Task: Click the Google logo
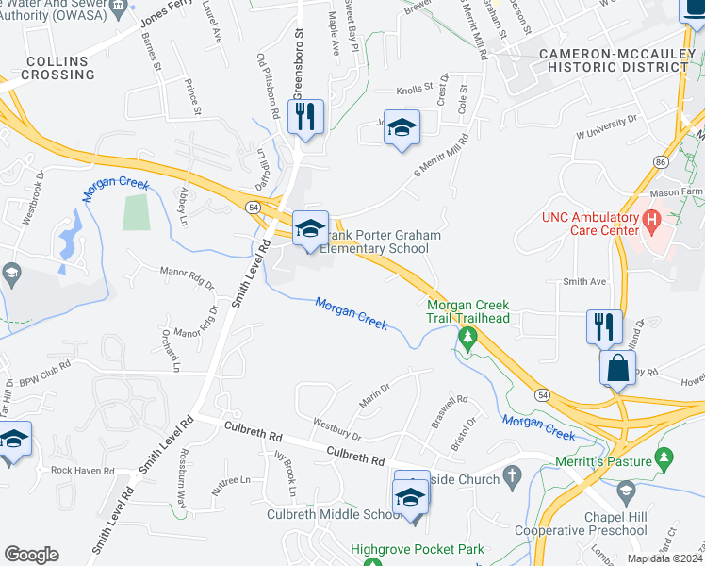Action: (x=31, y=555)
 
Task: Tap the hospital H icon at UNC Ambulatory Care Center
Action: (x=649, y=223)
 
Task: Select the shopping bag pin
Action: (x=617, y=368)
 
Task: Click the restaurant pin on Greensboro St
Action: (x=306, y=118)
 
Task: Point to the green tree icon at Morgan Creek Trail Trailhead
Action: (x=465, y=337)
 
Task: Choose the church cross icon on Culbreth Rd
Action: (x=512, y=476)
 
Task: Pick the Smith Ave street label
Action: (x=584, y=281)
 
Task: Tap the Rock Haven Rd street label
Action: (x=82, y=470)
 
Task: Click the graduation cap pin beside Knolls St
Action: (x=402, y=128)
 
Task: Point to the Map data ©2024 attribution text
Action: (x=664, y=558)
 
